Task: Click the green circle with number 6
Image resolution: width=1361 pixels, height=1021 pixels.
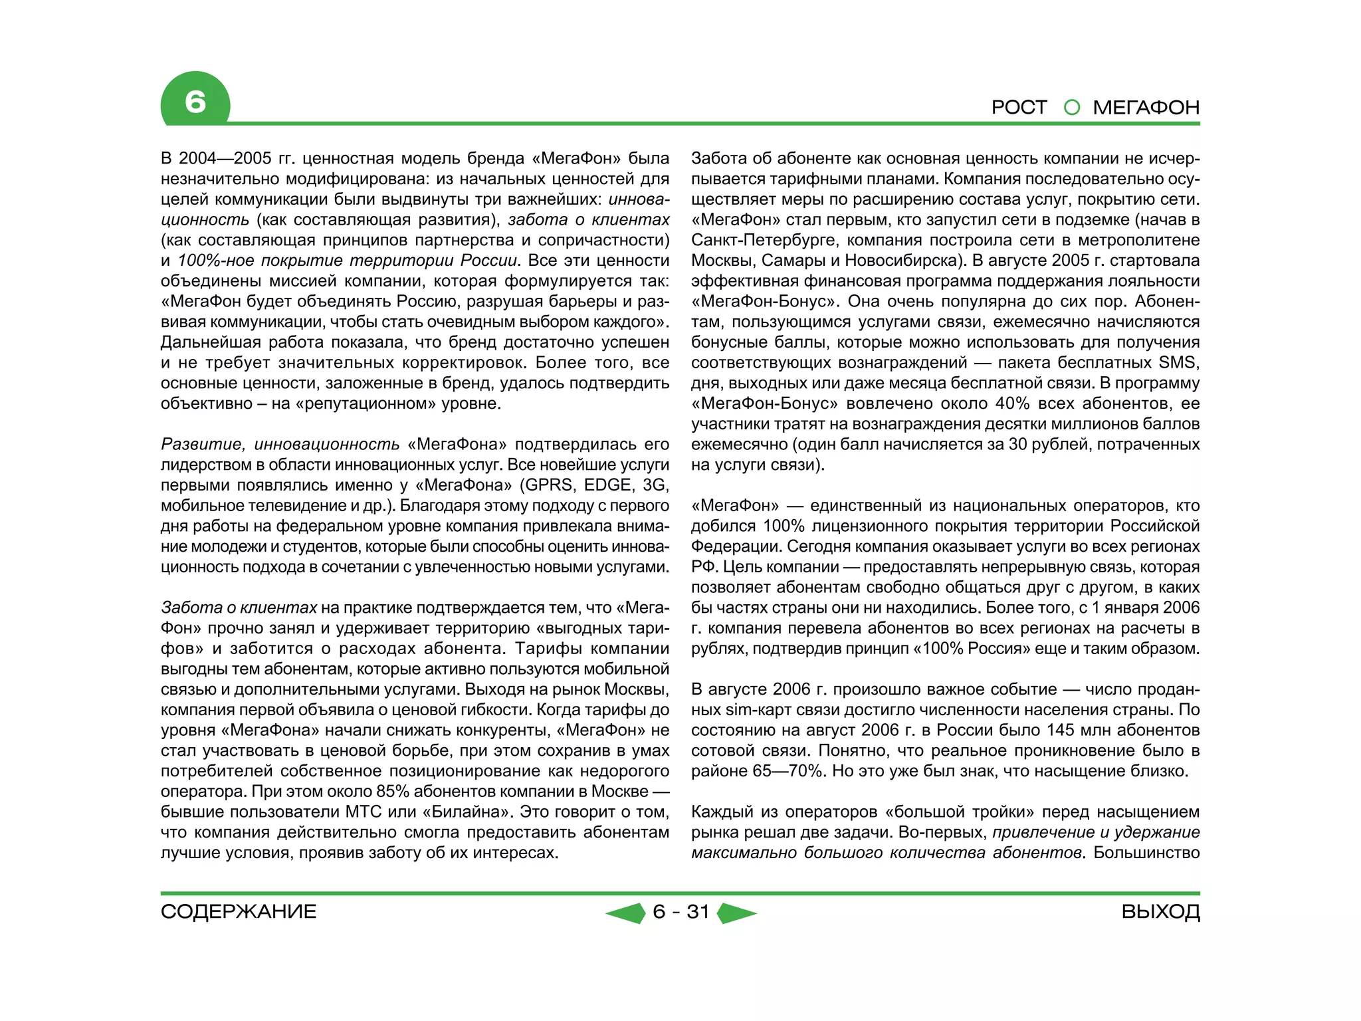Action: pos(195,101)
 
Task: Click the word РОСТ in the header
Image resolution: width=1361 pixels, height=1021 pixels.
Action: pos(1019,107)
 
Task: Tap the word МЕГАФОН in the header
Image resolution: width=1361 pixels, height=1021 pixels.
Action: pos(1146,107)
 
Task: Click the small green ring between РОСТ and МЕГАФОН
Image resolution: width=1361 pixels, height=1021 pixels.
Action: pos(1071,107)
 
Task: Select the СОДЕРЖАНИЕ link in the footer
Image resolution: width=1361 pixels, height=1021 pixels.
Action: pos(238,911)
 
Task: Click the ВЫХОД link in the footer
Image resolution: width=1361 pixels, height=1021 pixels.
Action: pos(1160,911)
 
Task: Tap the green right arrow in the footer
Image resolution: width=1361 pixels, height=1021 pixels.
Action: pos(736,913)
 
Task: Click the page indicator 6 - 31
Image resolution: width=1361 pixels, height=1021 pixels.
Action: pos(681,911)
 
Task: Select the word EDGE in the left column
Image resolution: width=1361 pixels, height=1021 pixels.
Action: pos(608,485)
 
